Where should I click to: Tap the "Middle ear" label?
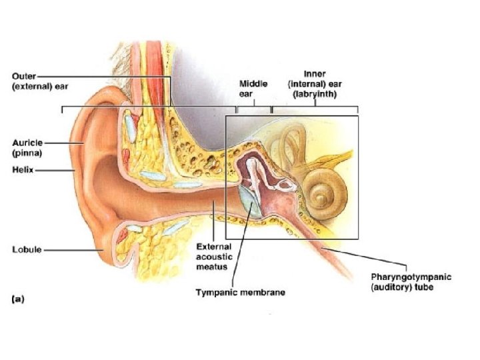pos(253,89)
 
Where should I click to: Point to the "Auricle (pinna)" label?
pos(28,147)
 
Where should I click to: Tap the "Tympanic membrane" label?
pos(240,291)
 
